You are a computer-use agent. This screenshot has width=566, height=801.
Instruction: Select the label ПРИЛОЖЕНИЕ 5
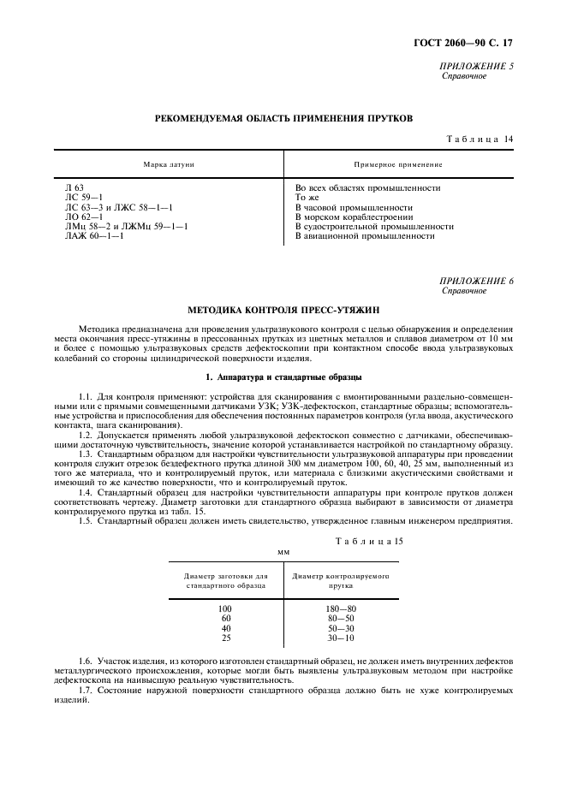pos(476,67)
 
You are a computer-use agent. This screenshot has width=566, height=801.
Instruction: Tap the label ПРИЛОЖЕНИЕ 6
pos(476,281)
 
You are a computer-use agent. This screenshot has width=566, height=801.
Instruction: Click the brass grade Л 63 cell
pos(74,187)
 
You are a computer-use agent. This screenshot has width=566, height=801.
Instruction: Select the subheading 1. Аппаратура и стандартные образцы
pos(283,377)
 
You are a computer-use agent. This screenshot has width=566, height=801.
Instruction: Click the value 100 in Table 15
pos(226,608)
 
